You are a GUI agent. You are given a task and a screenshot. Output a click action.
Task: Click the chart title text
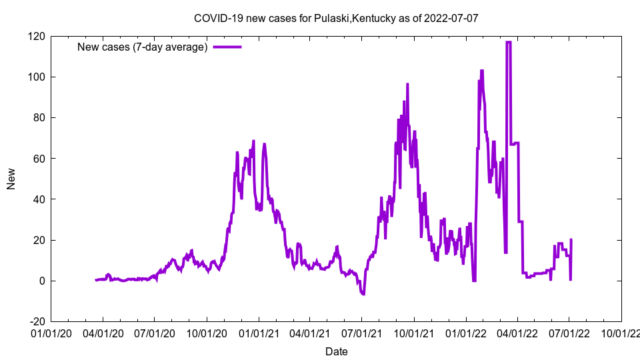tap(335, 18)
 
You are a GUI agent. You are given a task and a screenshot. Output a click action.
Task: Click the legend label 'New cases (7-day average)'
tap(143, 47)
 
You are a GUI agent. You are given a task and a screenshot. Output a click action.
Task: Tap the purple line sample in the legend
tap(227, 47)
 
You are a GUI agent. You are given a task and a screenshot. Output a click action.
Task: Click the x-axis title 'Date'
tap(336, 351)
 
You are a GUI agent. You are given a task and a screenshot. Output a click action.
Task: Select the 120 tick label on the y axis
tap(37, 36)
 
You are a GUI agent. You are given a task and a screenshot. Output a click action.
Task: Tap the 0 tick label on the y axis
tap(42, 281)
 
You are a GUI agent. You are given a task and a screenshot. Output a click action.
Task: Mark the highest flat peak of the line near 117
tap(509, 42)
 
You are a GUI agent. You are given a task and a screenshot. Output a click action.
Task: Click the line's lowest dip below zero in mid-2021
tap(363, 294)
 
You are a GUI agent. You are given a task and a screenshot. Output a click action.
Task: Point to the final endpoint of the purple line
tap(571, 239)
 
